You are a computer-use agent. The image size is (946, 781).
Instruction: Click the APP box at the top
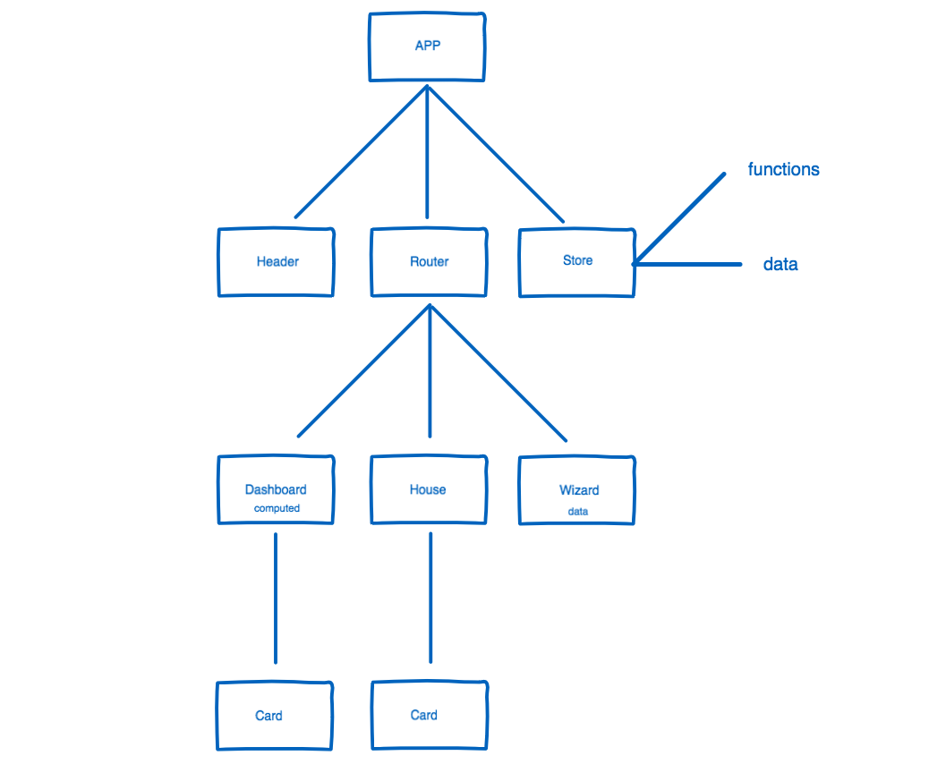point(428,47)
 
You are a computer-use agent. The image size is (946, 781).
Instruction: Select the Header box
point(277,262)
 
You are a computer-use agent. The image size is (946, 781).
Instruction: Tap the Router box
point(430,262)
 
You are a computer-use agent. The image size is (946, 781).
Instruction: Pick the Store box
point(577,260)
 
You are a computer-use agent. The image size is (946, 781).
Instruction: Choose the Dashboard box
point(276,490)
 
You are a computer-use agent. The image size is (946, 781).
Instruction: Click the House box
point(429,489)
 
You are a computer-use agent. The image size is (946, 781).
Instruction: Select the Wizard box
point(578,490)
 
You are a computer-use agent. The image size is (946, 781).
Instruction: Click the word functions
point(783,169)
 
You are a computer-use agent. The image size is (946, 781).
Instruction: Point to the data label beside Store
point(780,265)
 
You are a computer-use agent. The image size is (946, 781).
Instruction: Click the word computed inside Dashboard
point(277,508)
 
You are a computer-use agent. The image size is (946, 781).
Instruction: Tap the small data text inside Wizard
point(578,512)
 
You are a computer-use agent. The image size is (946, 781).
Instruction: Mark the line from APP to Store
point(495,153)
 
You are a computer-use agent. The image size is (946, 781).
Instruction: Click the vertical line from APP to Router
point(427,152)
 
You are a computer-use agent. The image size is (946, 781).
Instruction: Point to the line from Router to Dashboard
point(364,370)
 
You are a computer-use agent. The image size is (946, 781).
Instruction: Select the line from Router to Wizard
point(499,373)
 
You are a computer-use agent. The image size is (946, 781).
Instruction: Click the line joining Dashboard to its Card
point(275,598)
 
